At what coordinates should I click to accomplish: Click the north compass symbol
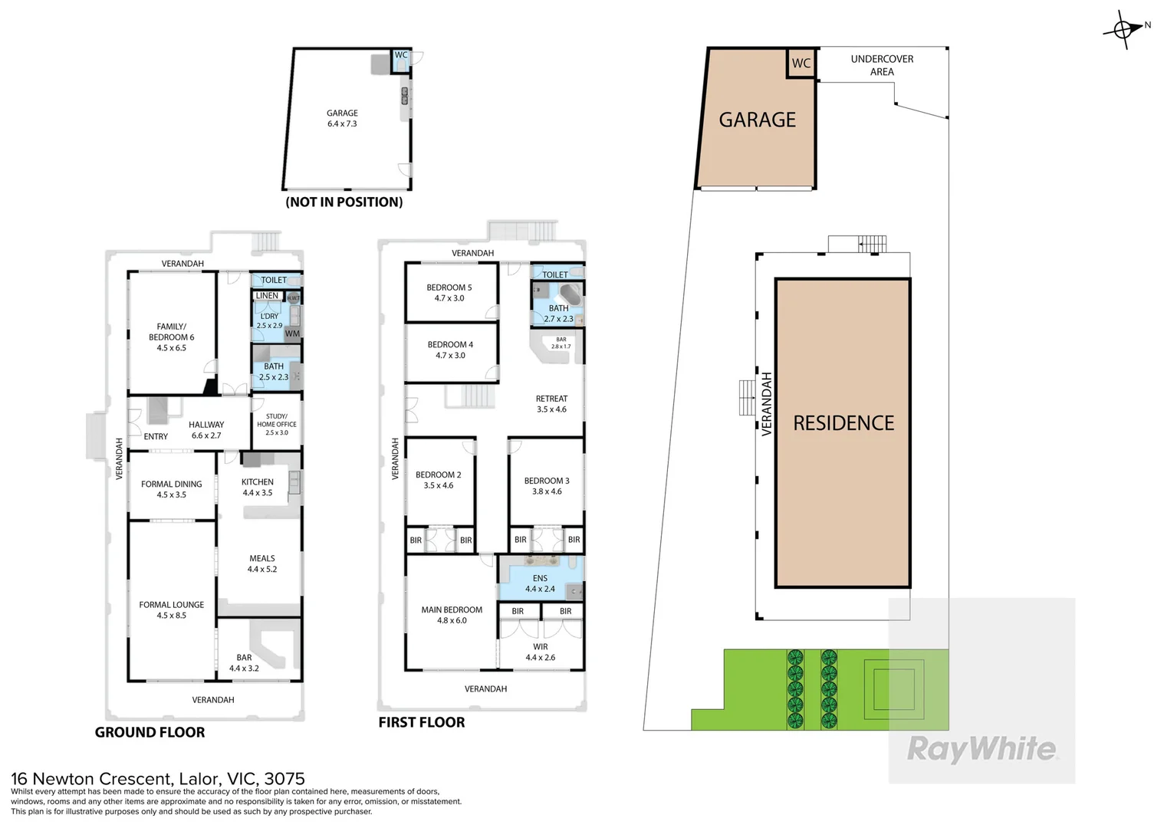(1123, 30)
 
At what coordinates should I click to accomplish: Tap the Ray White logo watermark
(982, 749)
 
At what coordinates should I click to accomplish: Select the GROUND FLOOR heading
(150, 732)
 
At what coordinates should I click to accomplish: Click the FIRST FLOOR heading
(421, 722)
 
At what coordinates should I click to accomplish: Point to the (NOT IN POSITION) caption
(344, 202)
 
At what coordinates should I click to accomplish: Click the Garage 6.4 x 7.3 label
(342, 118)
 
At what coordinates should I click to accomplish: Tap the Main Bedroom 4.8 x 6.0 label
(452, 615)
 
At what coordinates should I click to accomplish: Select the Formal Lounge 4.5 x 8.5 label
(171, 609)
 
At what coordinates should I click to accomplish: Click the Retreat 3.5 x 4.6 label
(551, 404)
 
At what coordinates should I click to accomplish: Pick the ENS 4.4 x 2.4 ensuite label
(540, 583)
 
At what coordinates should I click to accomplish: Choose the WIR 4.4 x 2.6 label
(540, 652)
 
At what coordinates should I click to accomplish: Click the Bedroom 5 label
(449, 293)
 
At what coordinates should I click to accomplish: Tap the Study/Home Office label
(277, 424)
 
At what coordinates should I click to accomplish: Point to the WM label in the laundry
(292, 333)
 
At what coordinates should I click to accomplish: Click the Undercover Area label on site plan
(882, 65)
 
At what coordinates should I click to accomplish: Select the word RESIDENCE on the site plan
(843, 423)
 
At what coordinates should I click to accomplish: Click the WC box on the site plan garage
(801, 64)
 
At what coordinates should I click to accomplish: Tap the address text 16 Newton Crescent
(157, 780)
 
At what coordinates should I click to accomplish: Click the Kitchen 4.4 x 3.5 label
(258, 487)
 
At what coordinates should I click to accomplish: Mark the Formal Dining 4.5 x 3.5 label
(171, 489)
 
